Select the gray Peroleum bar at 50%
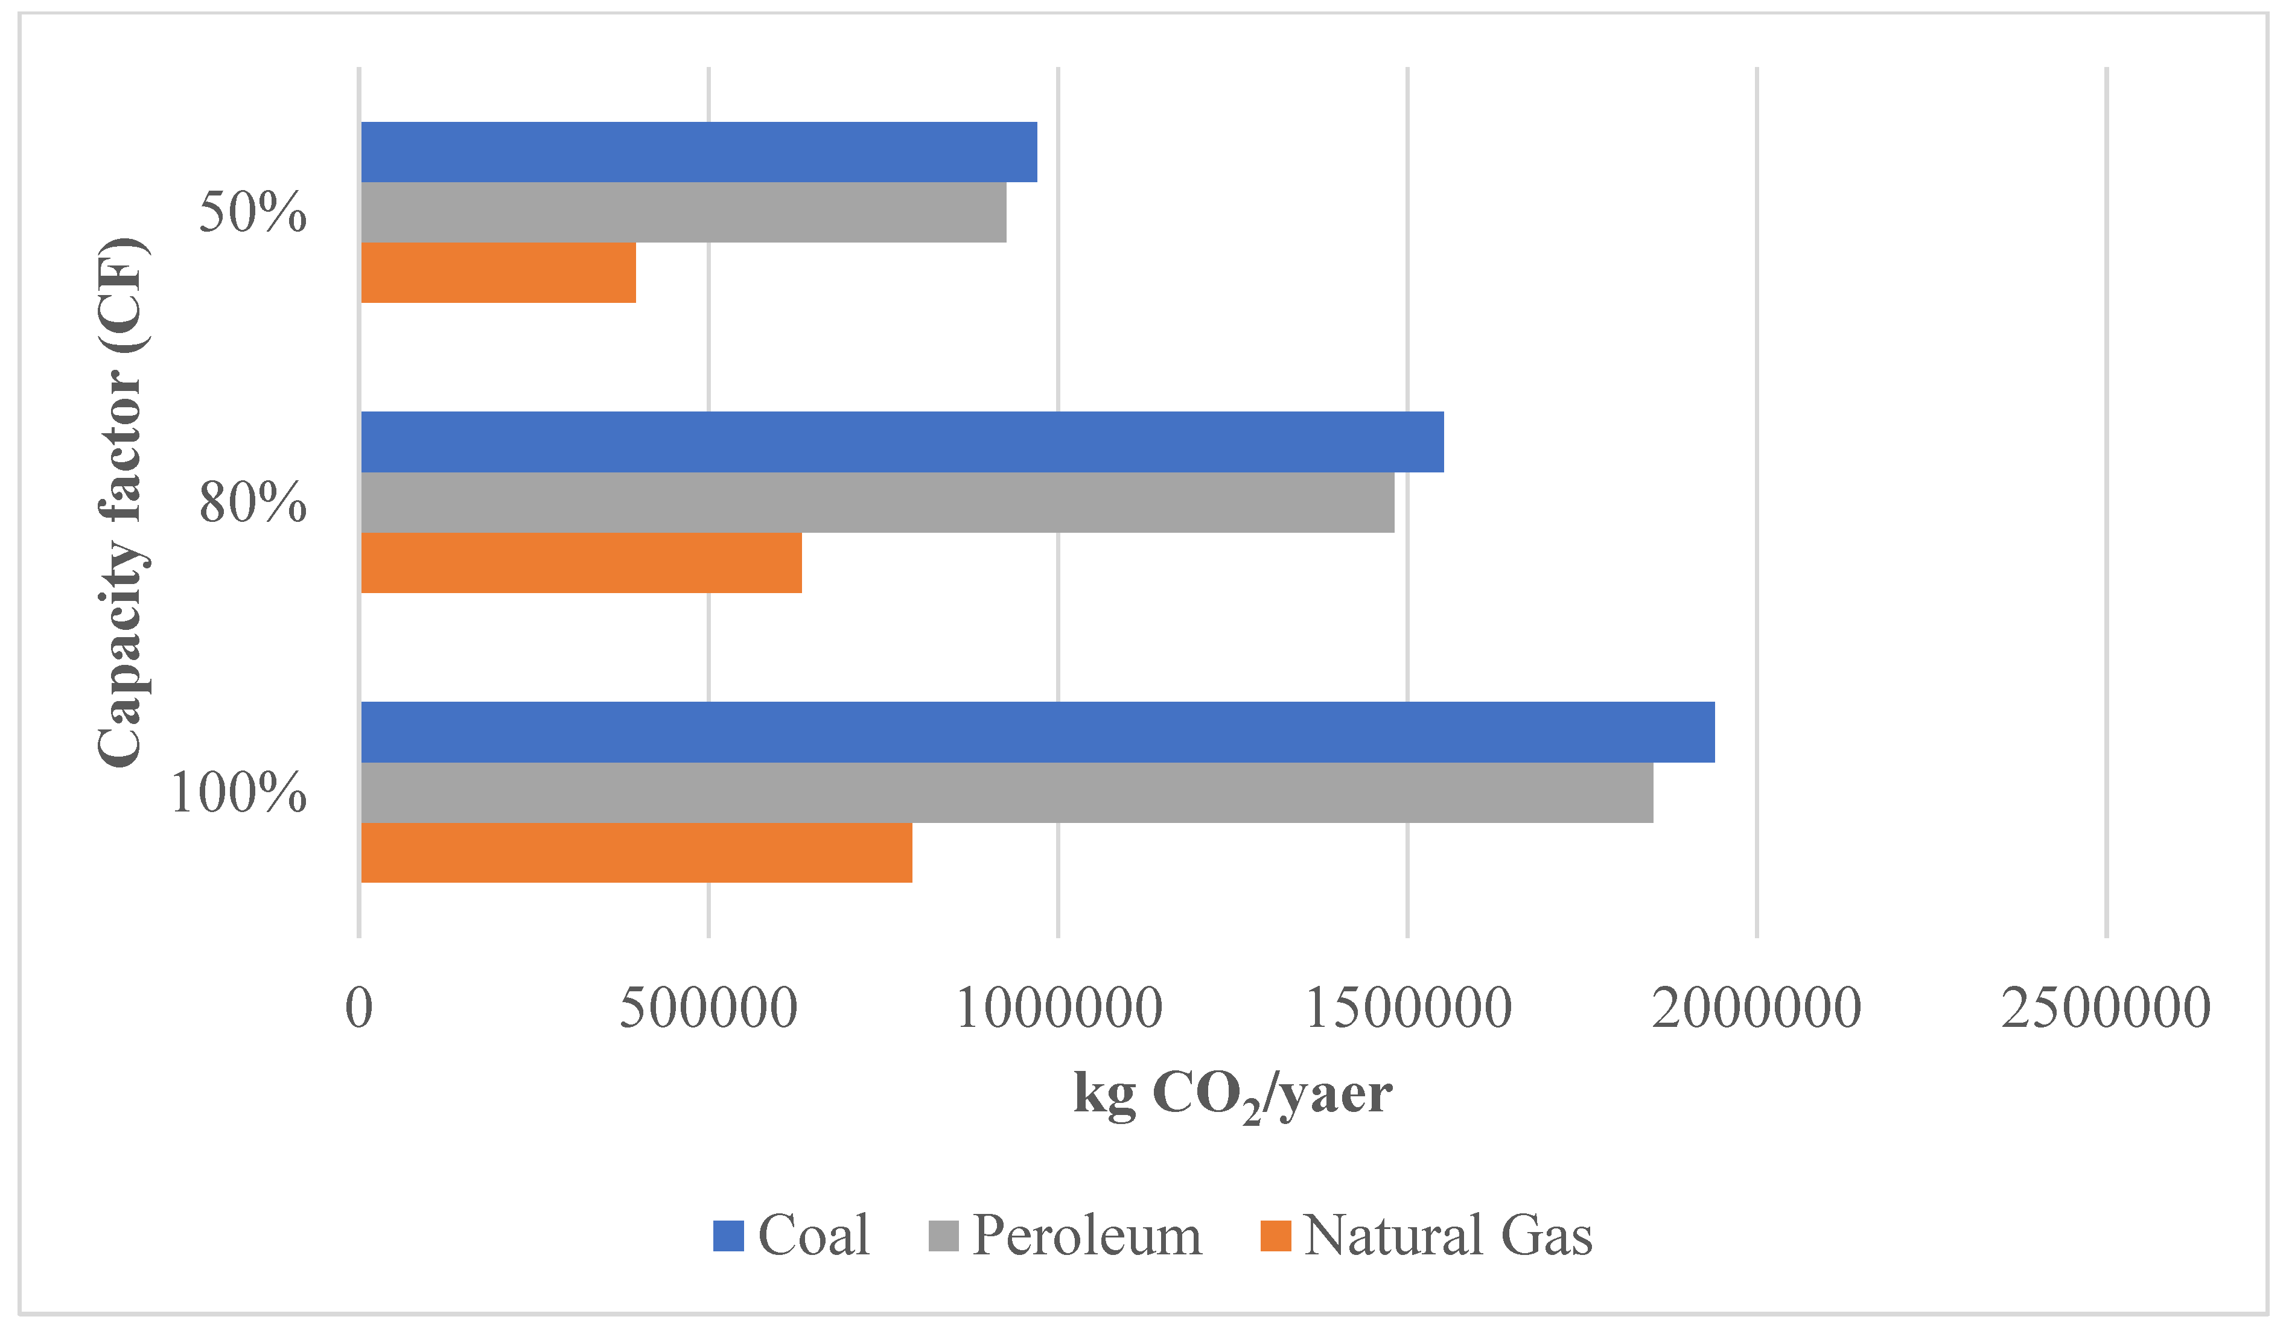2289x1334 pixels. pyautogui.click(x=683, y=212)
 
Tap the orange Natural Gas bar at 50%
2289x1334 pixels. pyautogui.click(x=498, y=273)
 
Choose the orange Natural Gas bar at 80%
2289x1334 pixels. pyautogui.click(x=581, y=563)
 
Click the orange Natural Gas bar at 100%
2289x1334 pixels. pyautogui.click(x=636, y=853)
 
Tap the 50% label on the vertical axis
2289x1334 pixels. pyautogui.click(x=252, y=212)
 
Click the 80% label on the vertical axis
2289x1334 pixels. pyautogui.click(x=252, y=502)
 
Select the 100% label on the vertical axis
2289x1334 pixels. pyautogui.click(x=238, y=793)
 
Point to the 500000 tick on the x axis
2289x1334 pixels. pyautogui.click(x=708, y=1008)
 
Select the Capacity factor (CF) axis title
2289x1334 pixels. pyautogui.click(x=121, y=502)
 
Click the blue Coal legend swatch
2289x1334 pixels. pyautogui.click(x=728, y=1236)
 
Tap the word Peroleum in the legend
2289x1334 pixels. pyautogui.click(x=1086, y=1236)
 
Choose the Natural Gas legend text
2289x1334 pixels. pyautogui.click(x=1447, y=1236)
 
